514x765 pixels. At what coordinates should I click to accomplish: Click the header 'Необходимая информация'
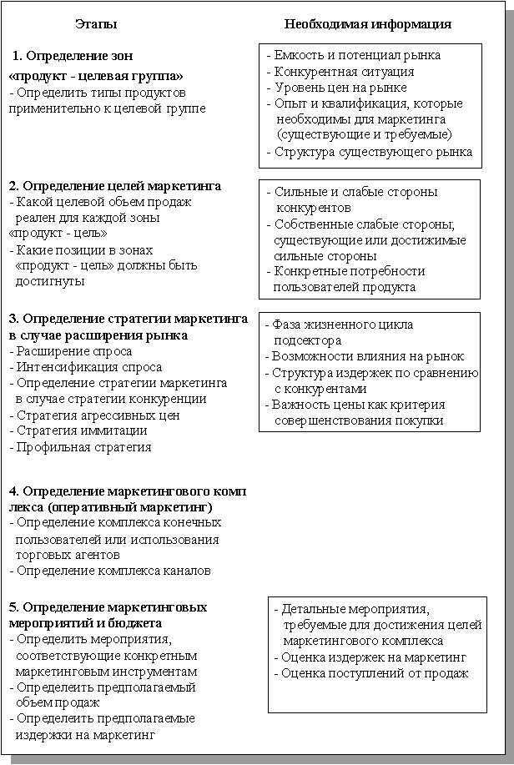(368, 24)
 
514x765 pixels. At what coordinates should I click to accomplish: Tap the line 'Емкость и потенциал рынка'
(358, 55)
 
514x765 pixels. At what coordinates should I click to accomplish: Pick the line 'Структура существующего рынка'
(373, 152)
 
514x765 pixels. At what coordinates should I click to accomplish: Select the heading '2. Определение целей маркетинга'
(114, 185)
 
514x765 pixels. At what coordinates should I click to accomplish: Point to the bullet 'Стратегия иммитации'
(81, 430)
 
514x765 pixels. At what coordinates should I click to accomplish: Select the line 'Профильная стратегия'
(83, 447)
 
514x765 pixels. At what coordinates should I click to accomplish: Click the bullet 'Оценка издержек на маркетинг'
(373, 657)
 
